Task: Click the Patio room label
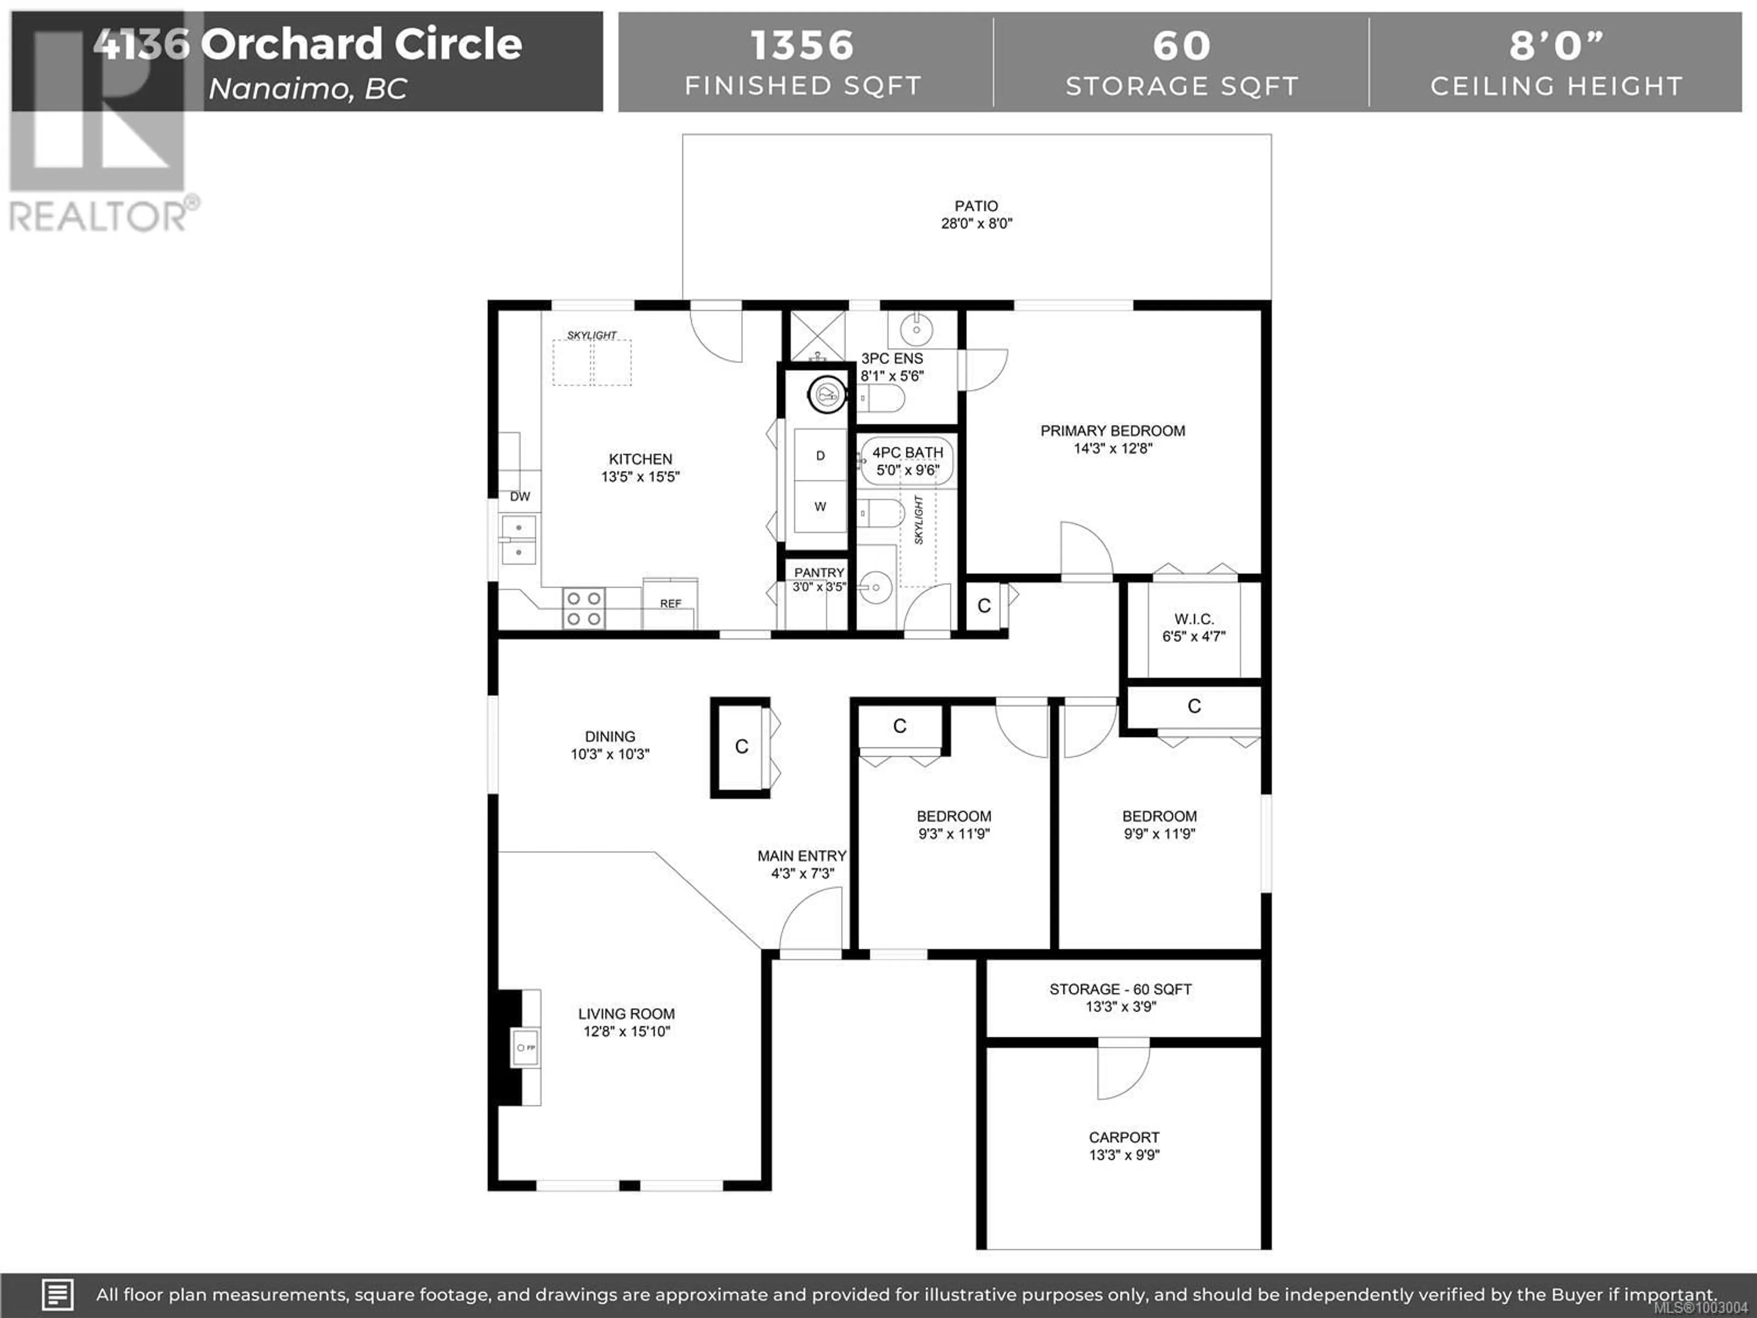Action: pos(976,206)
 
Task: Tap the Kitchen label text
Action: pos(640,459)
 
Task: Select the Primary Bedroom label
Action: pos(1113,431)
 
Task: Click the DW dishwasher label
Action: pos(520,497)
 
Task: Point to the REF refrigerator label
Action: pos(670,604)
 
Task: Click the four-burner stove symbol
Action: pos(584,609)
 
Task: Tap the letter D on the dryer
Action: pos(820,455)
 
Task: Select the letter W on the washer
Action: pos(820,506)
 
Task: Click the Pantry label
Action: pos(819,572)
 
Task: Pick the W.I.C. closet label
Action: pos(1194,619)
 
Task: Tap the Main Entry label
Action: pos(802,856)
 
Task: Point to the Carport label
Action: pos(1124,1137)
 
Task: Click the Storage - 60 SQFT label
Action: pos(1121,989)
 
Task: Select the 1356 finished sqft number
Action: pos(802,45)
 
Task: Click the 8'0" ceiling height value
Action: pos(1557,45)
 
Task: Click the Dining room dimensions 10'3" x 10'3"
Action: pos(610,754)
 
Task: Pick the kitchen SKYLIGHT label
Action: pos(592,335)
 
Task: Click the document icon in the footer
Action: pos(57,1295)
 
